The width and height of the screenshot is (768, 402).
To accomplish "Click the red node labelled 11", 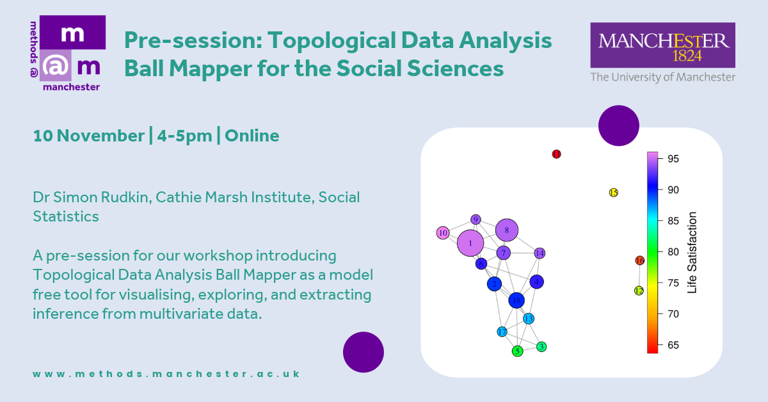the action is point(556,154).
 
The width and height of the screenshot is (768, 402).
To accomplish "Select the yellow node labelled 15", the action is point(613,193).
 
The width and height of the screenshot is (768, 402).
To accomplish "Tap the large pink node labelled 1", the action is point(470,243).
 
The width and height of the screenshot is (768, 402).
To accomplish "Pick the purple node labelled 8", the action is point(507,230).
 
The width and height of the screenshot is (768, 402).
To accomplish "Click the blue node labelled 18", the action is point(516,301).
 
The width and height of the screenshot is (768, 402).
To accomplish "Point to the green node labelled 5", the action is point(517,351).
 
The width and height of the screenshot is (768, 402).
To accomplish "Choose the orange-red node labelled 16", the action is point(640,261).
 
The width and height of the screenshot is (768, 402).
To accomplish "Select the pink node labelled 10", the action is point(443,233).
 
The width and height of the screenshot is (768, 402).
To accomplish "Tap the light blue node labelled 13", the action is point(529,319).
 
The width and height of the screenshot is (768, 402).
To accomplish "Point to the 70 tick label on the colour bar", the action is point(673,314).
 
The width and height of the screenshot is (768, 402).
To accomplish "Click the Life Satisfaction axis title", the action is point(692,252).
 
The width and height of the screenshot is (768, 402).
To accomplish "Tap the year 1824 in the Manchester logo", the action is point(687,56).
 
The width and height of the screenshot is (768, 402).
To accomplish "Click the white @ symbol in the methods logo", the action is point(55,66).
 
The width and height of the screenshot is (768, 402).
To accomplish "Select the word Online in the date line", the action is point(252,136).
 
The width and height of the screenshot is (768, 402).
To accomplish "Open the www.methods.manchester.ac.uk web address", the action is point(166,374).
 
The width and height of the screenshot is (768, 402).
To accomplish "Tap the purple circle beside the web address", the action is point(364,352).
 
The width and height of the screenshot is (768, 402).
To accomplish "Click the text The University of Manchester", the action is point(663,77).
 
